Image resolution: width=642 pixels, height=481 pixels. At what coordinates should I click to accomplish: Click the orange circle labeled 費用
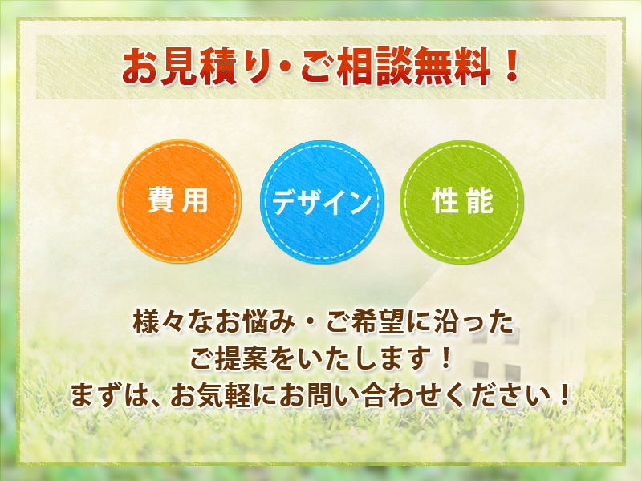coord(179,201)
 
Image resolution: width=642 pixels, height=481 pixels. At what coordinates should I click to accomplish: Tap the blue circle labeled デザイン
coord(322,202)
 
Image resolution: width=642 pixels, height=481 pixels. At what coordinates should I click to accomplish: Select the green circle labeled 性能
coord(462,202)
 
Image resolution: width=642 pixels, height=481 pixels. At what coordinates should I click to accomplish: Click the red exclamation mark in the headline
coord(511,65)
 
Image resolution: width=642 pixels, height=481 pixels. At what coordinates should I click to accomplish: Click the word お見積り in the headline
coord(197,66)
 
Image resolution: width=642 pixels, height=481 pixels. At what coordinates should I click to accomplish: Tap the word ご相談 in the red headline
coord(356,66)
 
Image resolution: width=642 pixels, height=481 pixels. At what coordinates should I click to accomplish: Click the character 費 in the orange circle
coord(162,200)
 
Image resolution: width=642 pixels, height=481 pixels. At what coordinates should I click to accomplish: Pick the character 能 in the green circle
coord(480,200)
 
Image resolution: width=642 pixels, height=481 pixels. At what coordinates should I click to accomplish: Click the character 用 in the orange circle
coord(195,200)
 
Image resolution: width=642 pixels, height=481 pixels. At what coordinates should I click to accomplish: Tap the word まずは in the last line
coord(109,395)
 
